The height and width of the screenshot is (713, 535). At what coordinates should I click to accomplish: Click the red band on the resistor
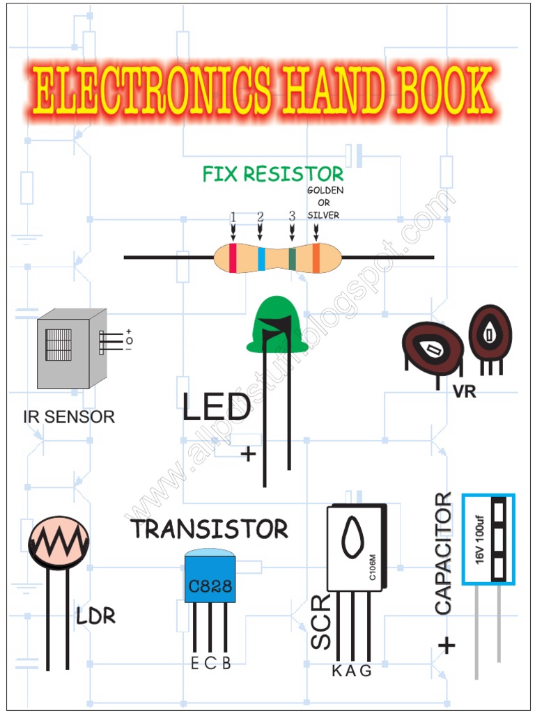click(233, 258)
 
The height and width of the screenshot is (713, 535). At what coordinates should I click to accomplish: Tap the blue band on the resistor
click(261, 258)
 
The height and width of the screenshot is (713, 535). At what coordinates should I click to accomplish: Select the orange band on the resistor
click(316, 258)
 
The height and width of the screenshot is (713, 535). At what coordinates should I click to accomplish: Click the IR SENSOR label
click(69, 417)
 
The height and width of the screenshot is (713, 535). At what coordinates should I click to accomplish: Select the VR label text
click(464, 392)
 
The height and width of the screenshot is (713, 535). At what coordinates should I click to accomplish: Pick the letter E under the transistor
click(195, 663)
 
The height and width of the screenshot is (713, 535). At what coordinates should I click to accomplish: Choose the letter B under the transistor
click(226, 663)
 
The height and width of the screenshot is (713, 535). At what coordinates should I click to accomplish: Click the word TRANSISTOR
click(210, 529)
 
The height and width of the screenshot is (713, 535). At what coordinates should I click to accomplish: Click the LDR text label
click(96, 616)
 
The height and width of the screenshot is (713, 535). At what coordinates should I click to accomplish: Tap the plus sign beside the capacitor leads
click(447, 646)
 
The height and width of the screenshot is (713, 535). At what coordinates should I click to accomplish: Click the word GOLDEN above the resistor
click(325, 190)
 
